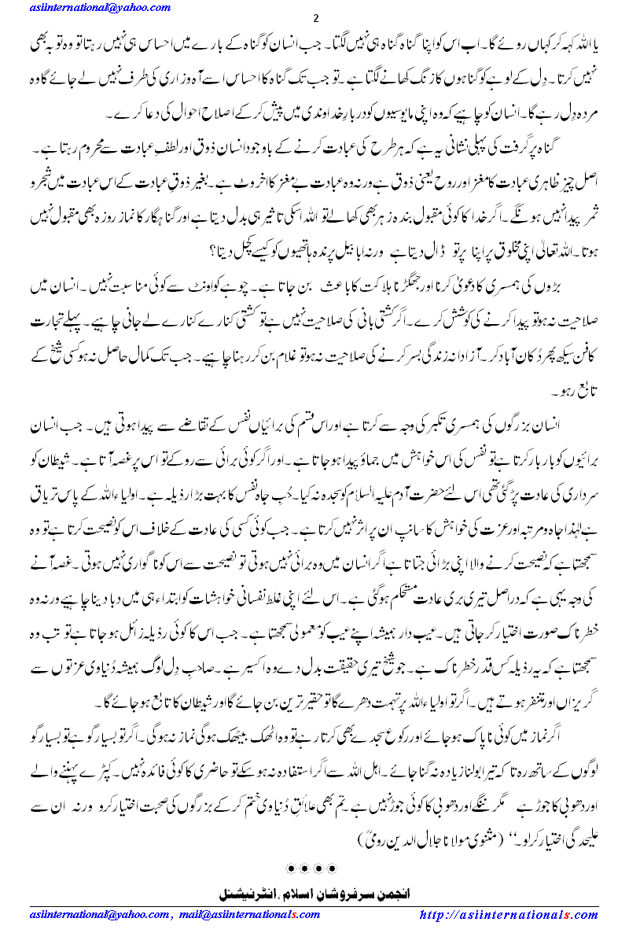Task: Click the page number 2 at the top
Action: point(314,18)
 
